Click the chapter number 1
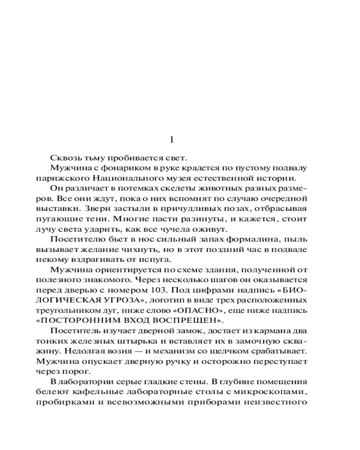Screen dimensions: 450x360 (171, 140)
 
